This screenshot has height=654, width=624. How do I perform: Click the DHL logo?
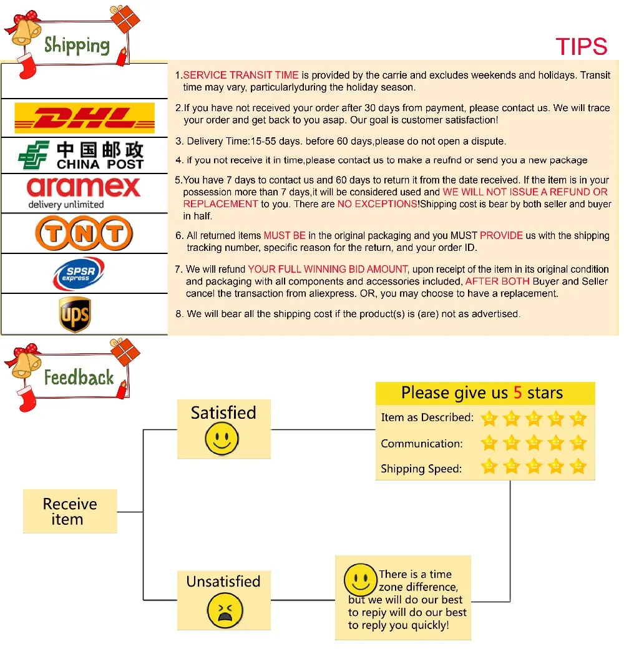point(84,118)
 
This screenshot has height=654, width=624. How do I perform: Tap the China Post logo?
point(81,155)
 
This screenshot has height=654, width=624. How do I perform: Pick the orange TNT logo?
point(84,233)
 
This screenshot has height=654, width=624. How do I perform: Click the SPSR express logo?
point(79,273)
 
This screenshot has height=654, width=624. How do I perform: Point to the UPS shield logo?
point(75,314)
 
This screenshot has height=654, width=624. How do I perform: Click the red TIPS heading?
point(582,46)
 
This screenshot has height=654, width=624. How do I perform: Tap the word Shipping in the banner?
point(77,45)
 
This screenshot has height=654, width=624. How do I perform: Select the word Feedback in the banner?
point(79,378)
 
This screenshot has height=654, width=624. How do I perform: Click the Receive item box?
point(70,511)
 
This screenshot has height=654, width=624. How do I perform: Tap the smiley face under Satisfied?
point(222,439)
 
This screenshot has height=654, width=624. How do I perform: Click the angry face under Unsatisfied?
point(225,610)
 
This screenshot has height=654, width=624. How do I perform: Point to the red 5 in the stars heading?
point(518,393)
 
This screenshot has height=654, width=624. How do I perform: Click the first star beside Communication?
point(489,443)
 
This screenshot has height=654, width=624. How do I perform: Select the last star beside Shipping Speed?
point(578,466)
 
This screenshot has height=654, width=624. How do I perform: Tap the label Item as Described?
point(427,417)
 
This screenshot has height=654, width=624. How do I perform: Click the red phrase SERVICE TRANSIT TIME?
point(241,75)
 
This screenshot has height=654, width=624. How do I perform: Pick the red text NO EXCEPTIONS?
point(377,204)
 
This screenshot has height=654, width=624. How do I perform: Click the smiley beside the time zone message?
point(361,580)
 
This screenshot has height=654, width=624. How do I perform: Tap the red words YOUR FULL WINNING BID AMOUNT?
point(328,269)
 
